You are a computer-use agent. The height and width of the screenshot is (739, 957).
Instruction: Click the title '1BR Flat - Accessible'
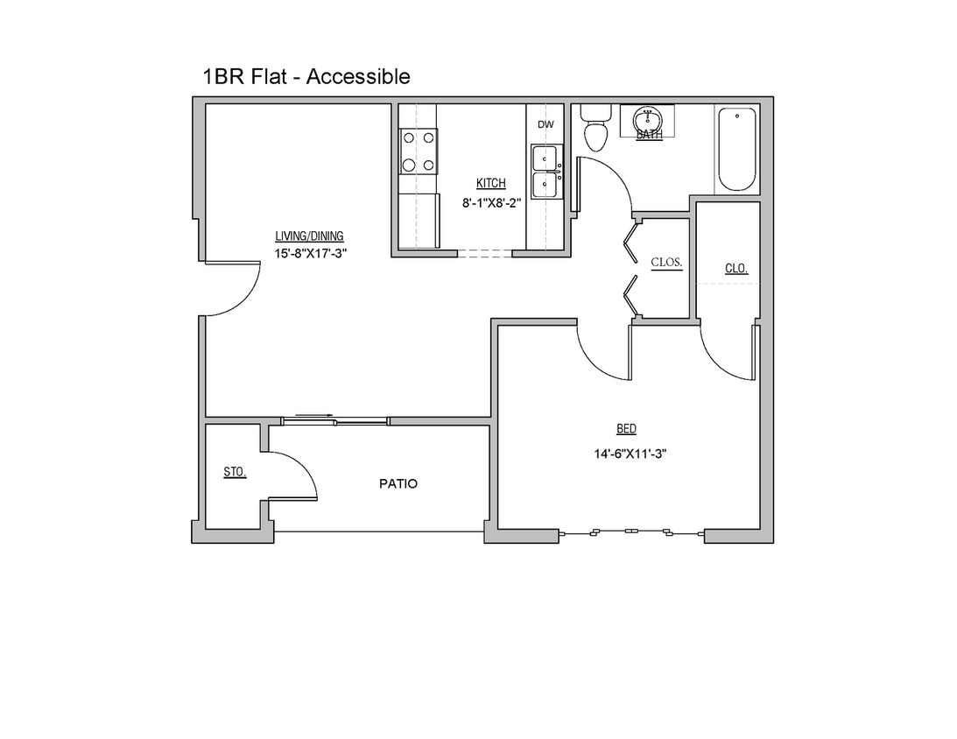coord(306,77)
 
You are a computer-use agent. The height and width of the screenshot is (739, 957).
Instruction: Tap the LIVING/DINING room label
coord(309,236)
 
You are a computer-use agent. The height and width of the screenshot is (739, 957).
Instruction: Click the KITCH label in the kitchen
coord(490,183)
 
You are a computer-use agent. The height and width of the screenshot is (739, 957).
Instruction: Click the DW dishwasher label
coord(545,124)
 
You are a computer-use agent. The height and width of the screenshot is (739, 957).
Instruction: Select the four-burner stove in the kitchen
coord(419,151)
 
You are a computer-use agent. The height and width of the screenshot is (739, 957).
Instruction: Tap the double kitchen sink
coord(546,172)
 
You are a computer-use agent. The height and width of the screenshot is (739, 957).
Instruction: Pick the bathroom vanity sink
coord(649,119)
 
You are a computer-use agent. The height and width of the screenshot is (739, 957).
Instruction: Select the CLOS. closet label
coord(666,262)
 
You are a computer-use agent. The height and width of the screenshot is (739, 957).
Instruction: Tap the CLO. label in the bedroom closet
coord(736,269)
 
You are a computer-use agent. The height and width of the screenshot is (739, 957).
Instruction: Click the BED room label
coord(626,429)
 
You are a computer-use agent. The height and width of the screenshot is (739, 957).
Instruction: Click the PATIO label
coord(398,483)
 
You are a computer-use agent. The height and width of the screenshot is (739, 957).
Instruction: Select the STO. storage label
coord(234,472)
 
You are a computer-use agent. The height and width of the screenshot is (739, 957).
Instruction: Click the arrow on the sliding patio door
coord(313,417)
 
